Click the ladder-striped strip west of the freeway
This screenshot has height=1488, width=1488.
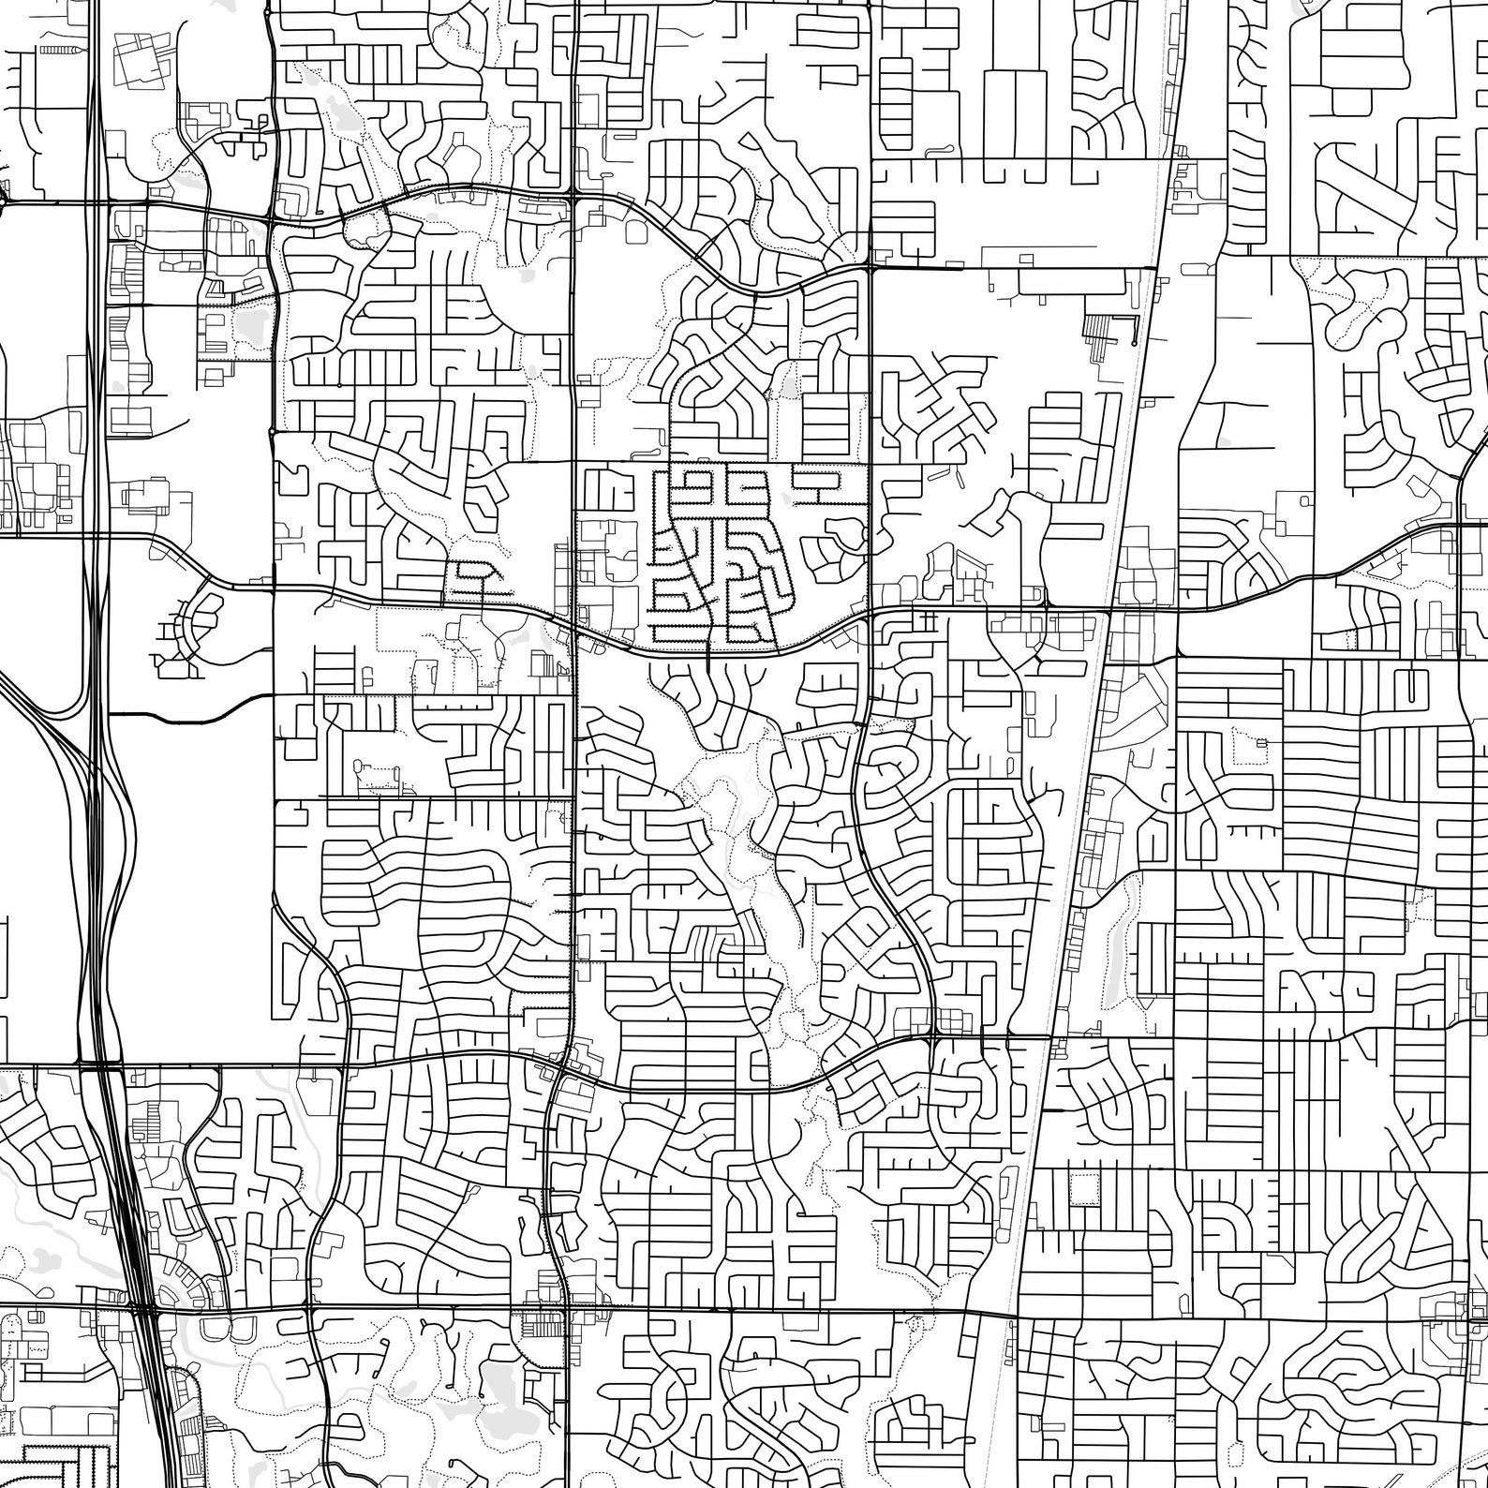click(x=62, y=46)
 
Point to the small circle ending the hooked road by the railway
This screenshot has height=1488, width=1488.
click(x=1134, y=344)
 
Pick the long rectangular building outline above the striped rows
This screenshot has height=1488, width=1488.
click(x=1068, y=280)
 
